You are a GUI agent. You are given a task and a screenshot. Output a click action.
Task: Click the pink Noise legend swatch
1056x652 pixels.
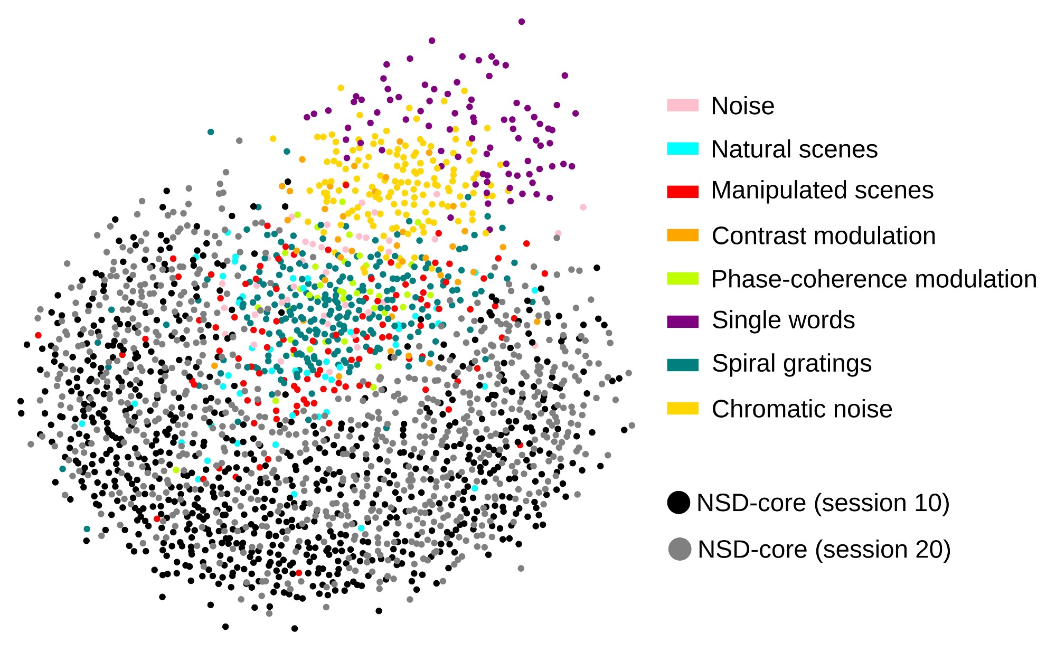tap(683, 105)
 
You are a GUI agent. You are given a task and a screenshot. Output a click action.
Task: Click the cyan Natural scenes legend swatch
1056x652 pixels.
tap(683, 148)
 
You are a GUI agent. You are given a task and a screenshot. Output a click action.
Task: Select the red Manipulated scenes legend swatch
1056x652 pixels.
tap(683, 192)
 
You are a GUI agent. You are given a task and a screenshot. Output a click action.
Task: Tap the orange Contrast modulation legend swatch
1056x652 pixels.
tap(683, 235)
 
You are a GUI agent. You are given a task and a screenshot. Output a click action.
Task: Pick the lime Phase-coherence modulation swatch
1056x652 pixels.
tap(683, 278)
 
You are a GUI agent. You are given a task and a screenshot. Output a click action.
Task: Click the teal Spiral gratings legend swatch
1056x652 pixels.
tap(683, 365)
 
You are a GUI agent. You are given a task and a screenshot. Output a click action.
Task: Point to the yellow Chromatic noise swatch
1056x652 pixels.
tap(683, 408)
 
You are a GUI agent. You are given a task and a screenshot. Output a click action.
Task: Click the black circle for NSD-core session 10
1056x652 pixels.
tap(678, 503)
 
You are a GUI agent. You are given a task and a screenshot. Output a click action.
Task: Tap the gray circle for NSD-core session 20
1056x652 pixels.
tap(680, 549)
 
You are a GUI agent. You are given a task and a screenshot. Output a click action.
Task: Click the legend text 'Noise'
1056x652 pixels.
tap(742, 106)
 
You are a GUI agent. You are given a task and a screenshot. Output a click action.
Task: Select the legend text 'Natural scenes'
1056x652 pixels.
tap(794, 149)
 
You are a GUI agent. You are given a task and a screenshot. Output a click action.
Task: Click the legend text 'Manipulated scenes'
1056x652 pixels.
tap(822, 190)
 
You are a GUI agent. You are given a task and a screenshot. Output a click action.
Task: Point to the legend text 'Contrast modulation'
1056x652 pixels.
tap(823, 236)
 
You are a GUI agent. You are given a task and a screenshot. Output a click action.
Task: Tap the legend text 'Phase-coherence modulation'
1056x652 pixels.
tap(874, 279)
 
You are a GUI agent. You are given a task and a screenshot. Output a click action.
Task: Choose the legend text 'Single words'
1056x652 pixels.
tap(783, 320)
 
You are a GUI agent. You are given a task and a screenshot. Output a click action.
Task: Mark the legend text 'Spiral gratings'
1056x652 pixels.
tap(791, 364)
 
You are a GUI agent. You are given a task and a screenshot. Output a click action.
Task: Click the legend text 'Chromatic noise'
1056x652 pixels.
tap(802, 409)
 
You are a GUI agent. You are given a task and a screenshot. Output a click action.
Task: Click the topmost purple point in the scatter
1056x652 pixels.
tap(522, 22)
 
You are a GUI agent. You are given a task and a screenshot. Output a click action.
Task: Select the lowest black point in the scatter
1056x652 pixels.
tap(295, 628)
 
